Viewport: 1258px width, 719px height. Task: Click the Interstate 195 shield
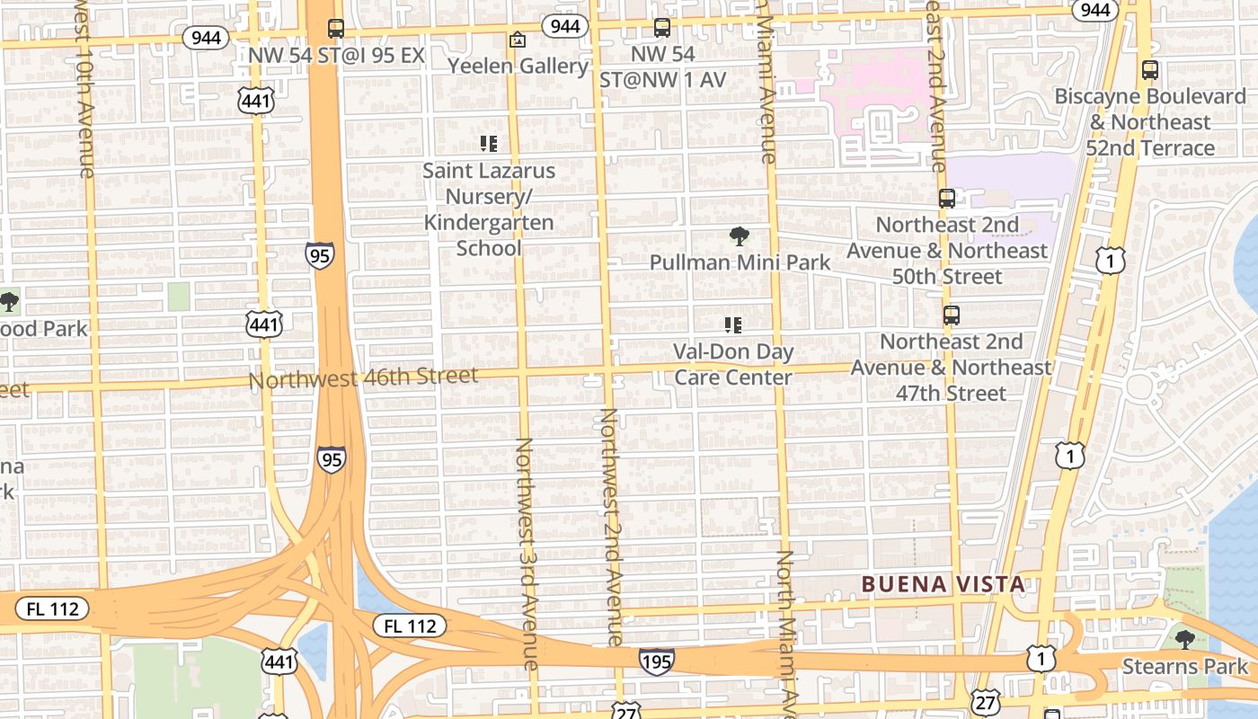tap(657, 661)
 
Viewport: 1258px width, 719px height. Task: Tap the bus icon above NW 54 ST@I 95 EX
tap(335, 29)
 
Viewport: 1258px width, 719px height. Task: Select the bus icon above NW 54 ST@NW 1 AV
tap(662, 28)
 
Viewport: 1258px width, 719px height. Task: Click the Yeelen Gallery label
tap(518, 66)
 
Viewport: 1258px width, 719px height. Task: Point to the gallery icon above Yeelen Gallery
tap(517, 40)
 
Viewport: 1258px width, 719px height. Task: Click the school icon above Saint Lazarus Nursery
tap(489, 143)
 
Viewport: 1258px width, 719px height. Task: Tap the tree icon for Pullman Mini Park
tap(740, 236)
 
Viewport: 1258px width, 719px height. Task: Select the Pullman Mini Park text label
tap(740, 262)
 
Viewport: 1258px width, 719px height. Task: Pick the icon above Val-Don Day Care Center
tap(733, 324)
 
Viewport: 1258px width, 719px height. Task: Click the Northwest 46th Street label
tap(363, 377)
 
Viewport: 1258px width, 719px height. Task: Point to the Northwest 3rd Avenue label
tap(527, 553)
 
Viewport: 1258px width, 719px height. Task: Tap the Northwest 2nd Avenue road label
tap(611, 526)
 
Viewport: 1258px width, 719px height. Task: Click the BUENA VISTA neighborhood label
tap(943, 584)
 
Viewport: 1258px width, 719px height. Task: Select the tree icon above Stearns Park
tap(1184, 639)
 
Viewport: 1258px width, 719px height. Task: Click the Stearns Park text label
tap(1185, 666)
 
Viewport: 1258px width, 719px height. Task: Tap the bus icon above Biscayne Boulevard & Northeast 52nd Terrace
tap(1149, 69)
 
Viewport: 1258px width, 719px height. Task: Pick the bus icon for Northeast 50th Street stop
tap(947, 198)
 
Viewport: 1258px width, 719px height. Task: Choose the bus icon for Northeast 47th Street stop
tap(951, 315)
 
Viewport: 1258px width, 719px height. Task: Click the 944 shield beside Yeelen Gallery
tap(564, 26)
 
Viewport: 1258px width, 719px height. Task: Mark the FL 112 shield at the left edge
tap(52, 608)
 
